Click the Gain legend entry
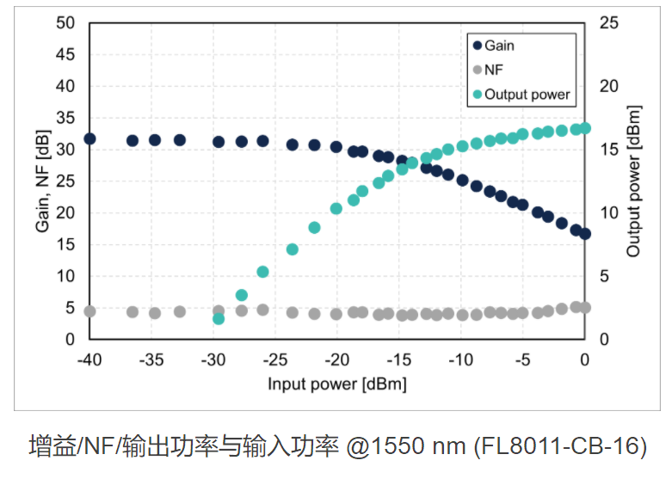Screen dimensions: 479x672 pyautogui.click(x=499, y=45)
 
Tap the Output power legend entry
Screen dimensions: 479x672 pyautogui.click(x=526, y=94)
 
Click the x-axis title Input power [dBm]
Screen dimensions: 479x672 pyautogui.click(x=336, y=383)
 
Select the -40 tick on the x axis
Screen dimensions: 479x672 pyautogui.click(x=89, y=359)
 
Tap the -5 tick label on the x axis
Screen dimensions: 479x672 pyautogui.click(x=522, y=359)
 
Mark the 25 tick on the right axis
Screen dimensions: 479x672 pyautogui.click(x=609, y=23)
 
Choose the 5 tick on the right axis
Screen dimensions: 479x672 pyautogui.click(x=604, y=276)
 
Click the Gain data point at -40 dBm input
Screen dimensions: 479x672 pyautogui.click(x=89, y=138)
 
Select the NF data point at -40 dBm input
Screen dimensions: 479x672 pyautogui.click(x=89, y=310)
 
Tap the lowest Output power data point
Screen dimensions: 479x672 pyautogui.click(x=219, y=318)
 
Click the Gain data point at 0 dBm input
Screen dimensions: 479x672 pyautogui.click(x=585, y=234)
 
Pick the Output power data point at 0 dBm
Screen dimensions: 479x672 pyautogui.click(x=585, y=128)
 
